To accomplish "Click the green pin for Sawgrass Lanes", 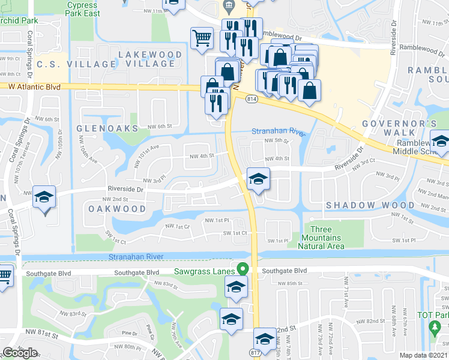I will tap(243, 269).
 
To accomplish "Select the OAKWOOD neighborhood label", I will tap(117, 209).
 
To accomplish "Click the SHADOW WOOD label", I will tap(363, 206).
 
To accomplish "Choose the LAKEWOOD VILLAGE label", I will tap(150, 59).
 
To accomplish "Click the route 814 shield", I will tap(252, 98).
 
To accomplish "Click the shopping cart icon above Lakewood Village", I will tap(202, 38).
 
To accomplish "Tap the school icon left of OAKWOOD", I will tap(44, 197).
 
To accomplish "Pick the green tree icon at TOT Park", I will tap(436, 328).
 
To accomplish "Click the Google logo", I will tap(20, 352).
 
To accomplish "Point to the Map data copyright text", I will tap(424, 355).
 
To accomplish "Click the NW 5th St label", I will tap(278, 142).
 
